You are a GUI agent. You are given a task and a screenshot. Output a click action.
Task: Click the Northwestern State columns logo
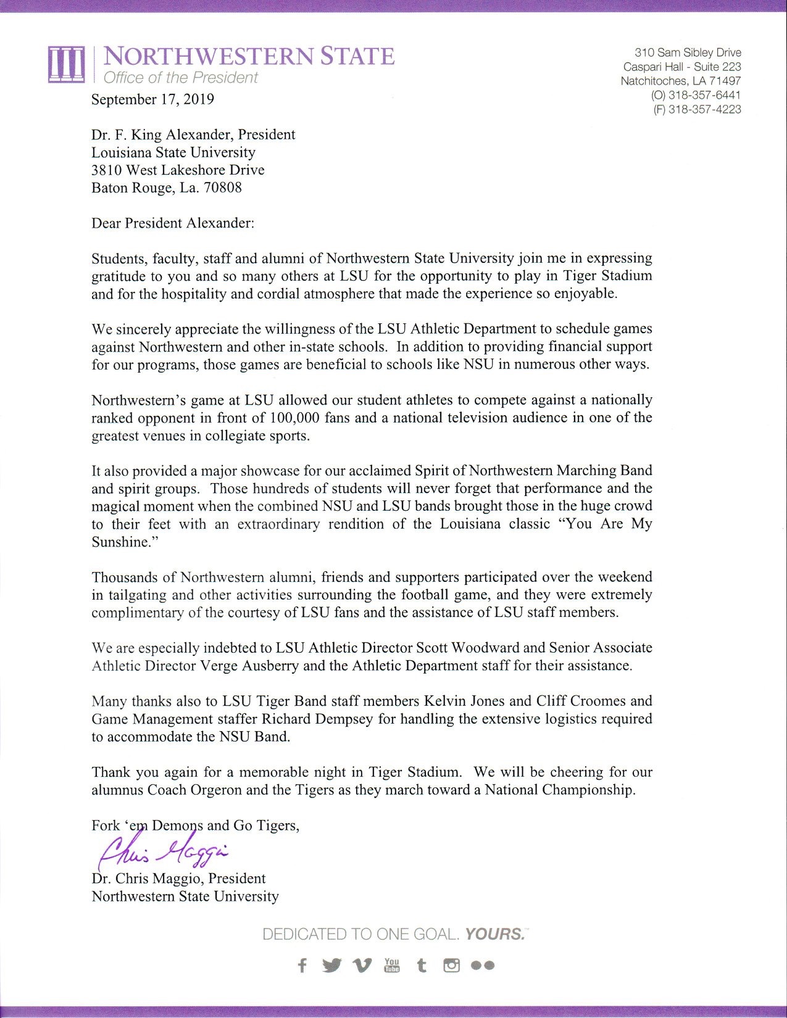click(66, 64)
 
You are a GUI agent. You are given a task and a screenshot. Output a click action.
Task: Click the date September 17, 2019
click(152, 99)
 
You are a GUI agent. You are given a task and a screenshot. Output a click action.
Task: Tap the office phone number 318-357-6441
click(704, 95)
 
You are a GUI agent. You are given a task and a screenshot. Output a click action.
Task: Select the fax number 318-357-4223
click(704, 109)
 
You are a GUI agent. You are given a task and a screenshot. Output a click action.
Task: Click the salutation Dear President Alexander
click(172, 223)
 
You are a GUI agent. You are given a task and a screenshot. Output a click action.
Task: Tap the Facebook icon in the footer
click(302, 966)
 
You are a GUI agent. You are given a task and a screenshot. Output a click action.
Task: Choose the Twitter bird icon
click(331, 966)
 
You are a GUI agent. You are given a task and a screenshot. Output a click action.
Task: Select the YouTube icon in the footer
click(392, 965)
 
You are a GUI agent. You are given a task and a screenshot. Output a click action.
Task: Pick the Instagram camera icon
click(452, 966)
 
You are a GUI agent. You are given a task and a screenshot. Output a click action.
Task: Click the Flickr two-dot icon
click(482, 966)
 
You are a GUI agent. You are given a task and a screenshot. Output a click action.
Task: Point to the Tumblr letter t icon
click(422, 966)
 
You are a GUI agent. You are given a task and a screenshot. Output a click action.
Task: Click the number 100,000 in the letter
click(294, 418)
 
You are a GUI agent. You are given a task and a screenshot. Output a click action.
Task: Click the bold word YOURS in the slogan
click(494, 933)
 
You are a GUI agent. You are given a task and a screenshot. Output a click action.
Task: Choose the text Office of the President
click(180, 78)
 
